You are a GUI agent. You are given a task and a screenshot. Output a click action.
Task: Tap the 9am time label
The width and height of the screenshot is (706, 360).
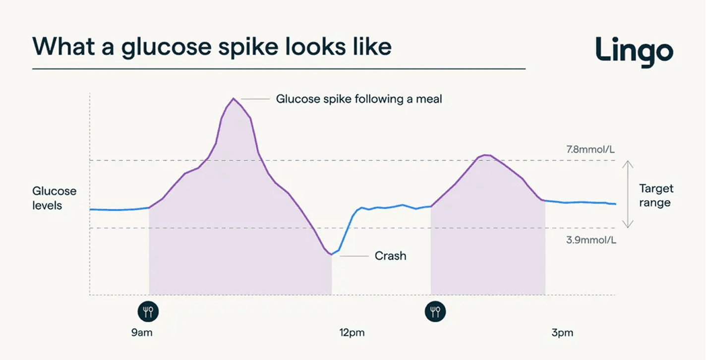pos(142,333)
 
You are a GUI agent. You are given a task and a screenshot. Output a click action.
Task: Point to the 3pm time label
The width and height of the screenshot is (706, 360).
pos(562,333)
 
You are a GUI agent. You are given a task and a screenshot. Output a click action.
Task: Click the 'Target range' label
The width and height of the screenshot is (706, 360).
pos(656,195)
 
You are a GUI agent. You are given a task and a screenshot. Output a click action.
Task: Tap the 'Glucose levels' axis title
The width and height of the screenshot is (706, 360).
pos(54,198)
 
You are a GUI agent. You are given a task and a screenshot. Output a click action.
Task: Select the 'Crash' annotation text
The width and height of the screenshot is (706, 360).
pos(390,256)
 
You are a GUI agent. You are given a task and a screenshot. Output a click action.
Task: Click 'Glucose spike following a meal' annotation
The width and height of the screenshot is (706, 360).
pos(358,99)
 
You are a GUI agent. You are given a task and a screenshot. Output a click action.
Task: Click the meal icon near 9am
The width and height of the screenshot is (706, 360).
pos(148,312)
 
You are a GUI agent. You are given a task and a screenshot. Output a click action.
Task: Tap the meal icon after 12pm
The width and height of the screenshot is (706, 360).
pos(435,312)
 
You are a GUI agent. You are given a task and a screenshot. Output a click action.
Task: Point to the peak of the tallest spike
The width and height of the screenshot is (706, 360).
pos(234,99)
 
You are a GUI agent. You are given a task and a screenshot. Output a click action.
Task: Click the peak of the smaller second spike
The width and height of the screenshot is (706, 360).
pos(486,155)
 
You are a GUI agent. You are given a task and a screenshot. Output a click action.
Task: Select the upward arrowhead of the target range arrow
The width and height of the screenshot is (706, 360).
pos(628,163)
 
